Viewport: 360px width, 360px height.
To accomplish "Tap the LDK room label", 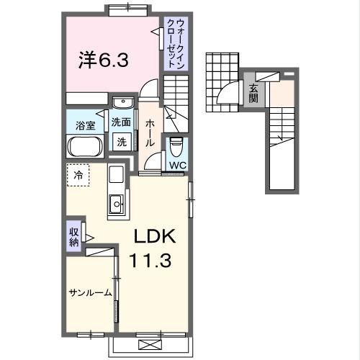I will click(x=153, y=238).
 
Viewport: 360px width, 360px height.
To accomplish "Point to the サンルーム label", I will click(x=90, y=292).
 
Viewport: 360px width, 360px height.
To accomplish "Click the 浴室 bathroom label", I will click(x=86, y=126).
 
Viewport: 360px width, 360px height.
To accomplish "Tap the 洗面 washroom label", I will click(x=121, y=122).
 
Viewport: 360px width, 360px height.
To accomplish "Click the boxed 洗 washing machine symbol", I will click(x=122, y=142).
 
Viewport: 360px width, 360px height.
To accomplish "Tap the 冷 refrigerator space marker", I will click(x=78, y=175).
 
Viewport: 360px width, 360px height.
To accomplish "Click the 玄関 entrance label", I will click(x=254, y=93).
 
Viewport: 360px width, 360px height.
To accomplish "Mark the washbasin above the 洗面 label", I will click(x=122, y=102).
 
